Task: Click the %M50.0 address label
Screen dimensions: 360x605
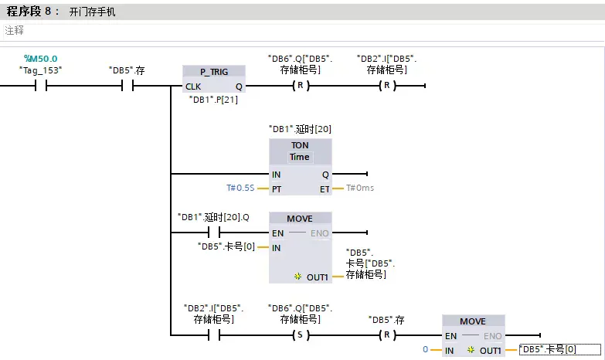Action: [40, 58]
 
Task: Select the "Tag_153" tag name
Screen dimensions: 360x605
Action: [40, 70]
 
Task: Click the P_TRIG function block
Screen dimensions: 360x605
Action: [214, 71]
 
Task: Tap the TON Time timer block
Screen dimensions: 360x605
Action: [300, 151]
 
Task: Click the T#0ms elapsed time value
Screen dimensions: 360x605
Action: [361, 188]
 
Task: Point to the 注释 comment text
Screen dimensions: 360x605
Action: [15, 30]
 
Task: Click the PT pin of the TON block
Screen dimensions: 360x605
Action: [277, 188]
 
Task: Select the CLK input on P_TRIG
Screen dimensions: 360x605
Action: [193, 87]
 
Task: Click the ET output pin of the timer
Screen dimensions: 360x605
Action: [325, 188]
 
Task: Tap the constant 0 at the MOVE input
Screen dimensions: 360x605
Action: [425, 350]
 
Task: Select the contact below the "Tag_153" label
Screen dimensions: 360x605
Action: [40, 86]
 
